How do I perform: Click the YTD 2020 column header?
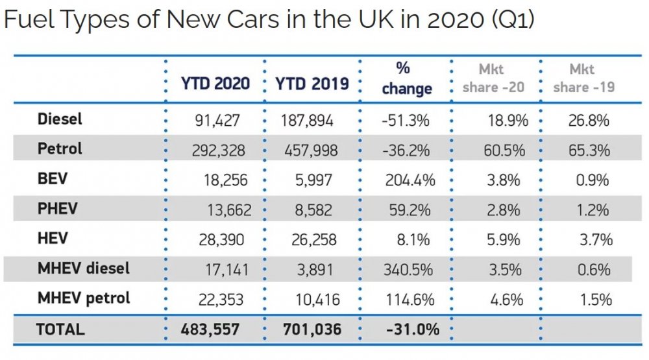(x=215, y=84)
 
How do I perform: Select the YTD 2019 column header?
(x=312, y=84)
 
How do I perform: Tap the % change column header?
(x=407, y=78)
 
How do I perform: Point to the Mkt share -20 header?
(x=493, y=78)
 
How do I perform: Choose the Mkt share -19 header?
(x=583, y=78)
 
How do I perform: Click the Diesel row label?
(x=60, y=119)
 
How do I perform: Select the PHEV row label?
(x=57, y=209)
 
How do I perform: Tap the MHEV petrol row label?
(x=84, y=298)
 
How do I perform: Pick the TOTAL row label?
(x=60, y=330)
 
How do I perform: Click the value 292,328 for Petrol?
(x=218, y=150)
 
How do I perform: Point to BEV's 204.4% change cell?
(x=410, y=180)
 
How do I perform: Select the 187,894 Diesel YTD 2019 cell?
(x=307, y=121)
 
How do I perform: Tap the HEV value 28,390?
(x=221, y=240)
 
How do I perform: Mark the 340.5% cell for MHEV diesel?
(x=408, y=270)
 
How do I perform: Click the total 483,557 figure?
(x=210, y=330)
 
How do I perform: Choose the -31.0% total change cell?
(x=412, y=330)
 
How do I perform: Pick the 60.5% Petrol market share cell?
(x=504, y=150)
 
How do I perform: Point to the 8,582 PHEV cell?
(x=313, y=210)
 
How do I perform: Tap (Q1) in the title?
(x=513, y=19)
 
